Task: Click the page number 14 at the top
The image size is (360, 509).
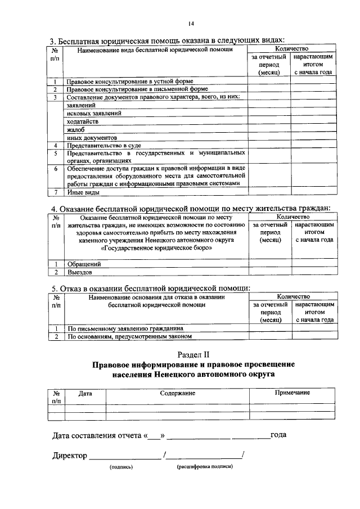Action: click(x=191, y=24)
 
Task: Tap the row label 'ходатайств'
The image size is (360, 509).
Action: click(x=82, y=121)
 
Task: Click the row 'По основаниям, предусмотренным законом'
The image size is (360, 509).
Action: click(x=129, y=336)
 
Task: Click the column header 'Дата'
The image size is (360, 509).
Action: click(x=85, y=393)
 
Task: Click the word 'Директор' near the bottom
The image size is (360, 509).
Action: click(x=70, y=455)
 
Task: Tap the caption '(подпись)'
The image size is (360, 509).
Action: click(x=121, y=467)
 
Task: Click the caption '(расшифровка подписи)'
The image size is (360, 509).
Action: click(x=204, y=466)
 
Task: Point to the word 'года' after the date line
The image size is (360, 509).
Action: click(x=280, y=434)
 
